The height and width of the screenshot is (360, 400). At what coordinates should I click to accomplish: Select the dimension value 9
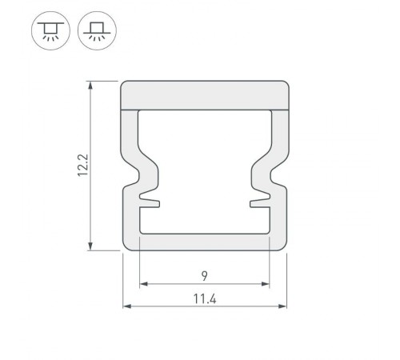point(205,276)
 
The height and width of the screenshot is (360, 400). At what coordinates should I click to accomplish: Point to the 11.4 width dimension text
point(205,299)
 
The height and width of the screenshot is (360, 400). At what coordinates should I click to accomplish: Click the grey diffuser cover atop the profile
point(205,94)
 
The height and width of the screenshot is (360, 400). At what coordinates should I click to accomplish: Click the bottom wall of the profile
point(205,242)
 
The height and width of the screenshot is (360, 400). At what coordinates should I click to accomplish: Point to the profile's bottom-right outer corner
point(284,247)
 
